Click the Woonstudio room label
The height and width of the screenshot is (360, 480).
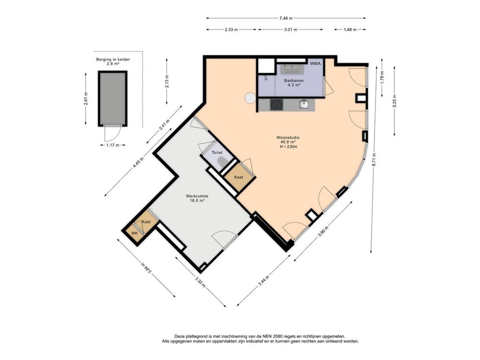288,137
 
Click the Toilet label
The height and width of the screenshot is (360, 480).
217,152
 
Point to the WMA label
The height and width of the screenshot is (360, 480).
315,64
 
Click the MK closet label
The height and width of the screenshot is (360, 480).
135,233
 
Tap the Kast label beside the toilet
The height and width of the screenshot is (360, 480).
239,177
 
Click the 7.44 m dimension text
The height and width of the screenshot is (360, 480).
285,18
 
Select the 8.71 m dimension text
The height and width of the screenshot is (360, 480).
374,160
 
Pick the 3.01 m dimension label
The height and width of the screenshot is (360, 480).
291,30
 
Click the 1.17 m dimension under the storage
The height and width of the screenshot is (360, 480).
112,145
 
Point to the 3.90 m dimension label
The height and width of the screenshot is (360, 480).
323,231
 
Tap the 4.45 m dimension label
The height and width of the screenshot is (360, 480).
138,162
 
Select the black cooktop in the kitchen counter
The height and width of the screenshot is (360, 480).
277,105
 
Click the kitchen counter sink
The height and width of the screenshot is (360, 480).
304,104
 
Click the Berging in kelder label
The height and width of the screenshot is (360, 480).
113,60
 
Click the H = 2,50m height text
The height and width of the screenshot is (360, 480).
289,147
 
